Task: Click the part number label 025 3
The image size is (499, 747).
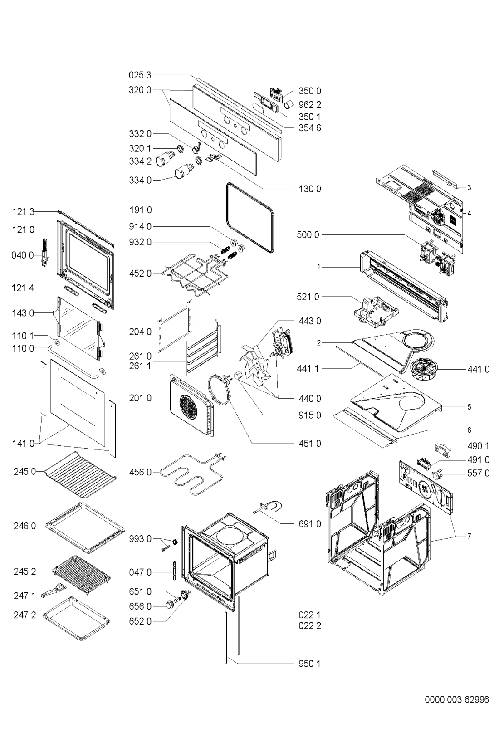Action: pyautogui.click(x=140, y=75)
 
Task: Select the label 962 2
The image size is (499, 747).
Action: pyautogui.click(x=309, y=105)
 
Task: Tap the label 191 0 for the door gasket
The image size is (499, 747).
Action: pyautogui.click(x=141, y=210)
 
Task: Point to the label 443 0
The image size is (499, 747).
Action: pyautogui.click(x=309, y=321)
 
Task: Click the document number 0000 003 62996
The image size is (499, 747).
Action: pyautogui.click(x=457, y=699)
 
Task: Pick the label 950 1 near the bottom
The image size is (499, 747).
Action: pyautogui.click(x=309, y=664)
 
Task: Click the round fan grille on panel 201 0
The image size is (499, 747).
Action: pyautogui.click(x=188, y=406)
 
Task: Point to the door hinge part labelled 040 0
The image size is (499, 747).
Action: pyautogui.click(x=45, y=253)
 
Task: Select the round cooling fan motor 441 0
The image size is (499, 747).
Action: pyautogui.click(x=423, y=369)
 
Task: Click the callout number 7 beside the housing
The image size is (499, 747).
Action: pyautogui.click(x=469, y=536)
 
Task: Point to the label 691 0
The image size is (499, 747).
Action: pyautogui.click(x=309, y=524)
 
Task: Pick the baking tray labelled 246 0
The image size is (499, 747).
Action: pyautogui.click(x=85, y=527)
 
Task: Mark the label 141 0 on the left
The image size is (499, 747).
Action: pyautogui.click(x=23, y=444)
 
